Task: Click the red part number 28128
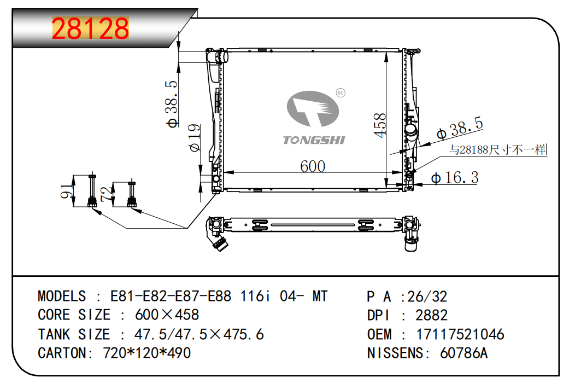(90, 28)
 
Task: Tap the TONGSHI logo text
(314, 140)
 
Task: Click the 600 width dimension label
(313, 166)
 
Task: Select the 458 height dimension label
(380, 125)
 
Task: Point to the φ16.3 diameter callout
(455, 178)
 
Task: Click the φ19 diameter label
(195, 138)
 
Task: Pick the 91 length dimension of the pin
(66, 191)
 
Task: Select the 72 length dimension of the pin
(106, 194)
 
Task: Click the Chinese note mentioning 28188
(498, 149)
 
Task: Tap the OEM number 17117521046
(460, 334)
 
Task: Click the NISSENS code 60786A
(463, 353)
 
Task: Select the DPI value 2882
(431, 315)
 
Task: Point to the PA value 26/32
(427, 297)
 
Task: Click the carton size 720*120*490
(146, 353)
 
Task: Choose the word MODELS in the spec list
(62, 296)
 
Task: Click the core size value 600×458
(167, 315)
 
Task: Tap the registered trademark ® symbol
(341, 93)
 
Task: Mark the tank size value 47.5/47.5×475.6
(199, 334)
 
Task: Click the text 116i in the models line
(256, 296)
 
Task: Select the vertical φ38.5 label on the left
(172, 104)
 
